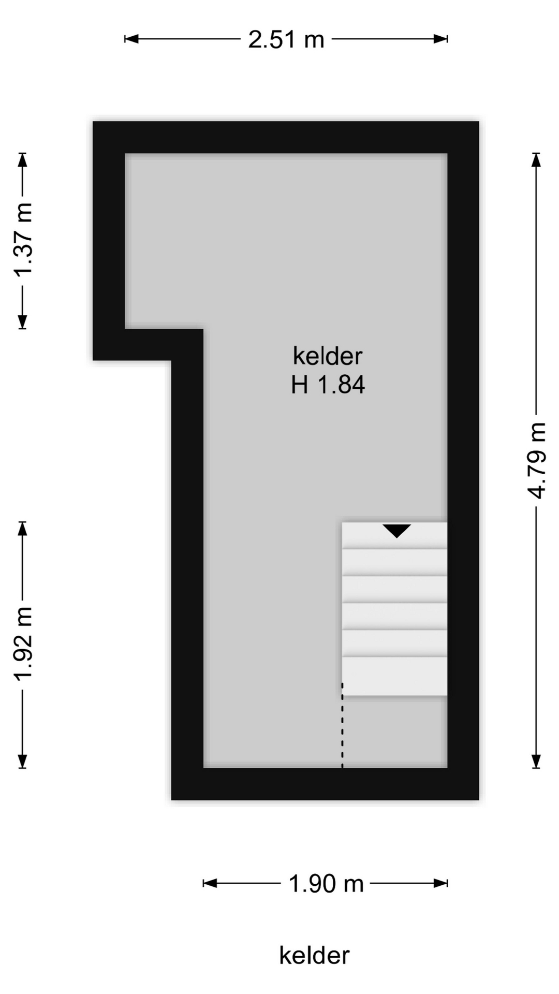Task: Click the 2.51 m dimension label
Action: [286, 39]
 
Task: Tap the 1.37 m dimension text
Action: [24, 240]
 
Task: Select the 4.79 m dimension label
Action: [537, 461]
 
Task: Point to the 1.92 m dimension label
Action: [24, 643]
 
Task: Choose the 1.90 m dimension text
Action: [326, 884]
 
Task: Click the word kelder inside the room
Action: [328, 356]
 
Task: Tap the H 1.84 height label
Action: [328, 385]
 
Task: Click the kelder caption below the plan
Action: [315, 956]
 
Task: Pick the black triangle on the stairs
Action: [396, 530]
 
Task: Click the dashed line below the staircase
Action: [342, 725]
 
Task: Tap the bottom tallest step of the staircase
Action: [394, 676]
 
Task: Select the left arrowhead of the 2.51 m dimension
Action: [131, 39]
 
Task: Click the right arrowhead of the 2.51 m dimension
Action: [440, 39]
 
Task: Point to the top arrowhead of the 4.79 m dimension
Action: [536, 160]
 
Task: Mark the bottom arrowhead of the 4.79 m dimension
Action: [536, 761]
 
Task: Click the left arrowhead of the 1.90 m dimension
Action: [210, 883]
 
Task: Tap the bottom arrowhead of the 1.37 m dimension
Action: [22, 322]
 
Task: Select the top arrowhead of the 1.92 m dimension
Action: [22, 529]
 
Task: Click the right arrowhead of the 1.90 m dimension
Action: [440, 883]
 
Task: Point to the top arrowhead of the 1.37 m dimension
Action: [22, 160]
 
